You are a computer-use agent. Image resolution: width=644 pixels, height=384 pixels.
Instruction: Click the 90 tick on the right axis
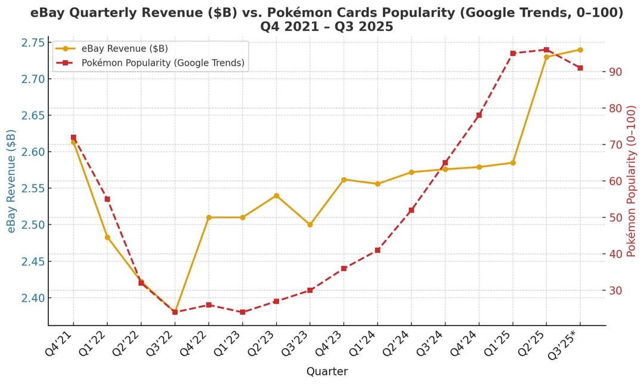coord(618,72)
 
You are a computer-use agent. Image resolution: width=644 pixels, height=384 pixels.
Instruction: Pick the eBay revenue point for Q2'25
coord(546,57)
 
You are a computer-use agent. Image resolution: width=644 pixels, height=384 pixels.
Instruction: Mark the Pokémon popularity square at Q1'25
coord(513,53)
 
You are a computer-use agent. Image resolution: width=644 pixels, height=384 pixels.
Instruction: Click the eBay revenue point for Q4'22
coord(209,217)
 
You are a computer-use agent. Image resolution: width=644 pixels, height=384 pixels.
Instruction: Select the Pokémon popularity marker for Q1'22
coord(107,199)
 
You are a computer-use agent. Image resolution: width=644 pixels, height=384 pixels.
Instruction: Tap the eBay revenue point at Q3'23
coord(310,225)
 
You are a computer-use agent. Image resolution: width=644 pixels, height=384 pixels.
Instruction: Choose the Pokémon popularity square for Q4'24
coord(479,115)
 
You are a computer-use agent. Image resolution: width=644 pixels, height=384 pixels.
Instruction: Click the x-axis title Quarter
coord(327,371)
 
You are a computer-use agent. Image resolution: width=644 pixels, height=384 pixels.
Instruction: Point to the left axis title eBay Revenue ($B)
coord(11,181)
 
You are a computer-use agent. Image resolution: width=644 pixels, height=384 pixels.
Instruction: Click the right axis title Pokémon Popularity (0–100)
coord(633,181)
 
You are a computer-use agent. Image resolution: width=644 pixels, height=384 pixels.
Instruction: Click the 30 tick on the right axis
coord(618,291)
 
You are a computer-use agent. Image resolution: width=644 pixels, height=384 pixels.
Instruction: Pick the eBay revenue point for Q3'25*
coord(580,50)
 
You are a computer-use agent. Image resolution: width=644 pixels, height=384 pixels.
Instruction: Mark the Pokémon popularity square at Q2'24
coord(411,210)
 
